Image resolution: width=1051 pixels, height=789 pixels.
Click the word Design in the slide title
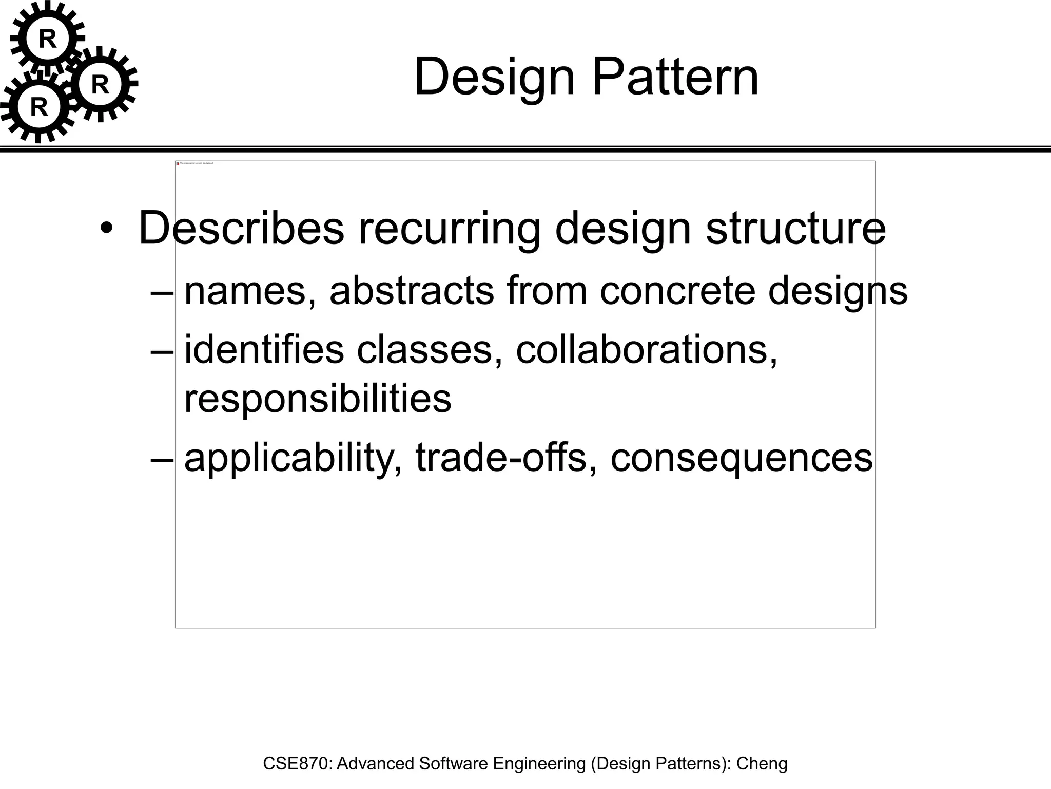(494, 78)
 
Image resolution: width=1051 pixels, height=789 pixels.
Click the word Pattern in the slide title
(675, 77)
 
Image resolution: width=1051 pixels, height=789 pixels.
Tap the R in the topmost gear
(48, 39)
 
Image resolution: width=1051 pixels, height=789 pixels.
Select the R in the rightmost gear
(100, 85)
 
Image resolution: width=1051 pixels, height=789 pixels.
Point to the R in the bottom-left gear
(39, 107)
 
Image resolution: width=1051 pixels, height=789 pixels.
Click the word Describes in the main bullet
(241, 228)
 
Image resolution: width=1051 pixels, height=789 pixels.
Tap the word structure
(795, 228)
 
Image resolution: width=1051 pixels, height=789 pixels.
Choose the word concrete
(677, 291)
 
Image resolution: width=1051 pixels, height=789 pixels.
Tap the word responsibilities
(318, 399)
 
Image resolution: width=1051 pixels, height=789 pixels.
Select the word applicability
(293, 459)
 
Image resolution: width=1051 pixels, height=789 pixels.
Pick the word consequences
(742, 459)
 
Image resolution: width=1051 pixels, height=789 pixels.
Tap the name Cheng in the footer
(762, 764)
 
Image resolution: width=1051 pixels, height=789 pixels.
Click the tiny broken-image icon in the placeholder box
(178, 163)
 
